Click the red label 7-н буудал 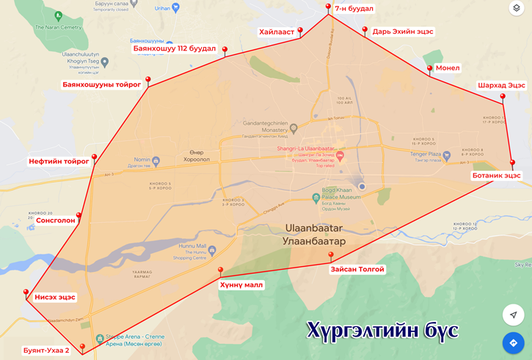pos(354,9)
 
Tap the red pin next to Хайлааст pos(300,32)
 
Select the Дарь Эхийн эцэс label pos(403,32)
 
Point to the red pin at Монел pos(430,69)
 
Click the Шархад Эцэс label pos(501,85)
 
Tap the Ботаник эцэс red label pos(496,176)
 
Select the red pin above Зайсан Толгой pos(331,256)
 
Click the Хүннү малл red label pos(241,284)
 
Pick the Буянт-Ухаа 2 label pos(45,350)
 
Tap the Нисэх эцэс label pos(55,297)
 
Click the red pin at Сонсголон pos(79,216)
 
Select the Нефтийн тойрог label pos(59,161)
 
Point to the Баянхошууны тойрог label pos(101,85)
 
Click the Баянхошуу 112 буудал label pos(175,49)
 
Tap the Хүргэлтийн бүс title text pos(382,331)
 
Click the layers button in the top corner pos(516,9)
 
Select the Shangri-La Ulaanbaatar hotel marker pos(340,156)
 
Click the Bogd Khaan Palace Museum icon pos(316,197)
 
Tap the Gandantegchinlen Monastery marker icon pos(294,128)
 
